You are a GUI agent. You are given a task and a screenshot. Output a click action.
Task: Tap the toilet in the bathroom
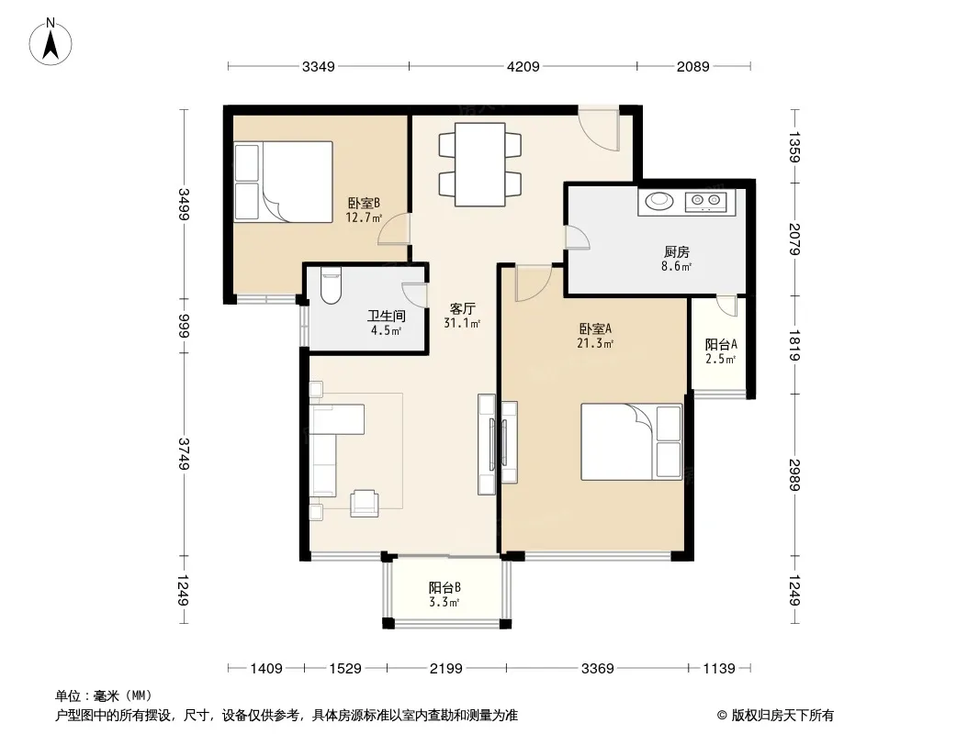(331, 285)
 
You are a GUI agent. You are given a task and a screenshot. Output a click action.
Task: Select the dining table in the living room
(479, 164)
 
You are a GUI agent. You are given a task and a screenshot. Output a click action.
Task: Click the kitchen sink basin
(659, 201)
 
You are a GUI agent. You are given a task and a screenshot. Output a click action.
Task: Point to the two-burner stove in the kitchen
(706, 202)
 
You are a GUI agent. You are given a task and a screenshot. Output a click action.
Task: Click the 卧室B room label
(364, 204)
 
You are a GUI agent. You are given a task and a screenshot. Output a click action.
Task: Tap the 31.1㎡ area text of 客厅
(462, 323)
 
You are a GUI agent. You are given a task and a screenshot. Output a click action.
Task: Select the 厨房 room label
(677, 252)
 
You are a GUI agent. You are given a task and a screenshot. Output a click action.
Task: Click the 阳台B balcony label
(444, 587)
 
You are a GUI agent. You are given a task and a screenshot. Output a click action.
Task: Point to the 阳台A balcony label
(721, 344)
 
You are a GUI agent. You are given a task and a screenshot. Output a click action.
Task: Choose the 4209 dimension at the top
(523, 66)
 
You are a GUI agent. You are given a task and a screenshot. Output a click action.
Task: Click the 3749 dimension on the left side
(184, 454)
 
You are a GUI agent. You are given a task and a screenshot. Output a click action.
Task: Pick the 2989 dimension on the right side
(794, 475)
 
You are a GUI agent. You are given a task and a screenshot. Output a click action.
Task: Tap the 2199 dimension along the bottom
(445, 669)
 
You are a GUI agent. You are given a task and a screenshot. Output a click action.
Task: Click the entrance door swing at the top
(598, 128)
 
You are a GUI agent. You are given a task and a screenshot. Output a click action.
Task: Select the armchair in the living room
(365, 504)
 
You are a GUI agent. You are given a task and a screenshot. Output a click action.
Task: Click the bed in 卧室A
(631, 441)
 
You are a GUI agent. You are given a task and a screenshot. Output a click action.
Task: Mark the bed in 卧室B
(283, 182)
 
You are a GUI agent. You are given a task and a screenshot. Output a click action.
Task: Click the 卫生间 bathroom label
(387, 317)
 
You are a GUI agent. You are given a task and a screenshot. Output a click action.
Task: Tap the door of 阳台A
(727, 305)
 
